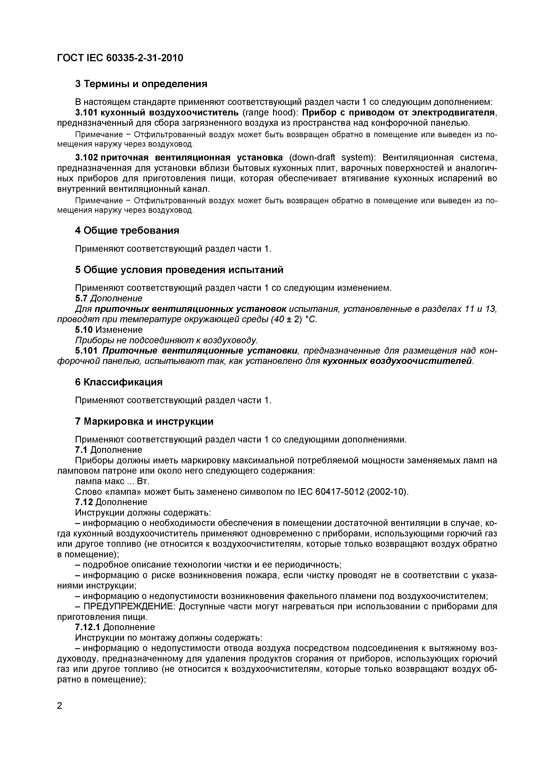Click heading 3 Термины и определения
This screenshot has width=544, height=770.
(x=141, y=84)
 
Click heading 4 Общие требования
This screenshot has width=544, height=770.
(x=127, y=230)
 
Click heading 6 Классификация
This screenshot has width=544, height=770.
(x=119, y=382)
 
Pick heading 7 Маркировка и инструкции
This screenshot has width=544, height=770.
(x=144, y=421)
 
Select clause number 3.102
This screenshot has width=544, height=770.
(x=87, y=157)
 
